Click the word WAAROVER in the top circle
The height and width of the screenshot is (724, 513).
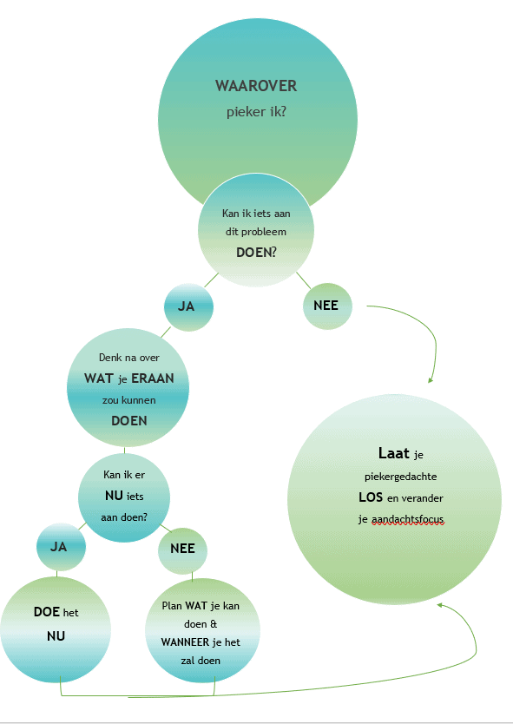[x=256, y=86]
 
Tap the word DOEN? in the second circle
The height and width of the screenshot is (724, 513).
[x=256, y=252]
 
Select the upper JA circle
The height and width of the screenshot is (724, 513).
[x=189, y=307]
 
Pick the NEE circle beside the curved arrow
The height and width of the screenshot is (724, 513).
[x=327, y=306]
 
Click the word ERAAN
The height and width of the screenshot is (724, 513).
[x=153, y=378]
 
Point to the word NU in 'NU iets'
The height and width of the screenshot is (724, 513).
[x=114, y=496]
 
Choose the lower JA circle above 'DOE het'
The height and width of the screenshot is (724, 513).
[x=61, y=547]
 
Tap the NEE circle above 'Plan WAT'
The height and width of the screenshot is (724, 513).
[x=183, y=550]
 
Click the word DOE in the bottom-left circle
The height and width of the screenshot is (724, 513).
[x=47, y=612]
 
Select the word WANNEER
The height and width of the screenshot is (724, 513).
[x=186, y=642]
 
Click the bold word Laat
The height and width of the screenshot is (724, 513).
[x=394, y=453]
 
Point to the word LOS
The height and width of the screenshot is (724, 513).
[x=371, y=497]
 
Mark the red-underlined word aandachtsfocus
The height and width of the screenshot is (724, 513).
[x=408, y=519]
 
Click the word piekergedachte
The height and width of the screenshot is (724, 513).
[x=401, y=477]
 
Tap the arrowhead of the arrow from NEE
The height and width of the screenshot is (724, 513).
[x=431, y=380]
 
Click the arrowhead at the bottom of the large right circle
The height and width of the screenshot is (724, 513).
[x=440, y=604]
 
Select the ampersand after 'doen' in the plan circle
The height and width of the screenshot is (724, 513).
[x=214, y=624]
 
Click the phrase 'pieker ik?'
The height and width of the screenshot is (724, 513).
[x=256, y=112]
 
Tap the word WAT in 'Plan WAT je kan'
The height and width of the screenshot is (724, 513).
[x=196, y=605]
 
